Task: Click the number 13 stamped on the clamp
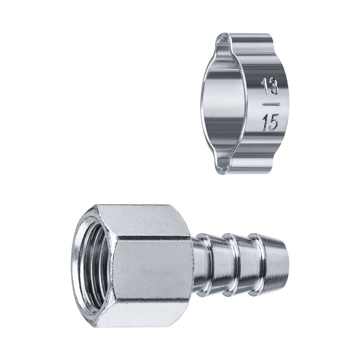click(x=270, y=86)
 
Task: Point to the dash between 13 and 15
click(x=271, y=105)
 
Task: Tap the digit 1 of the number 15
click(x=265, y=123)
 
